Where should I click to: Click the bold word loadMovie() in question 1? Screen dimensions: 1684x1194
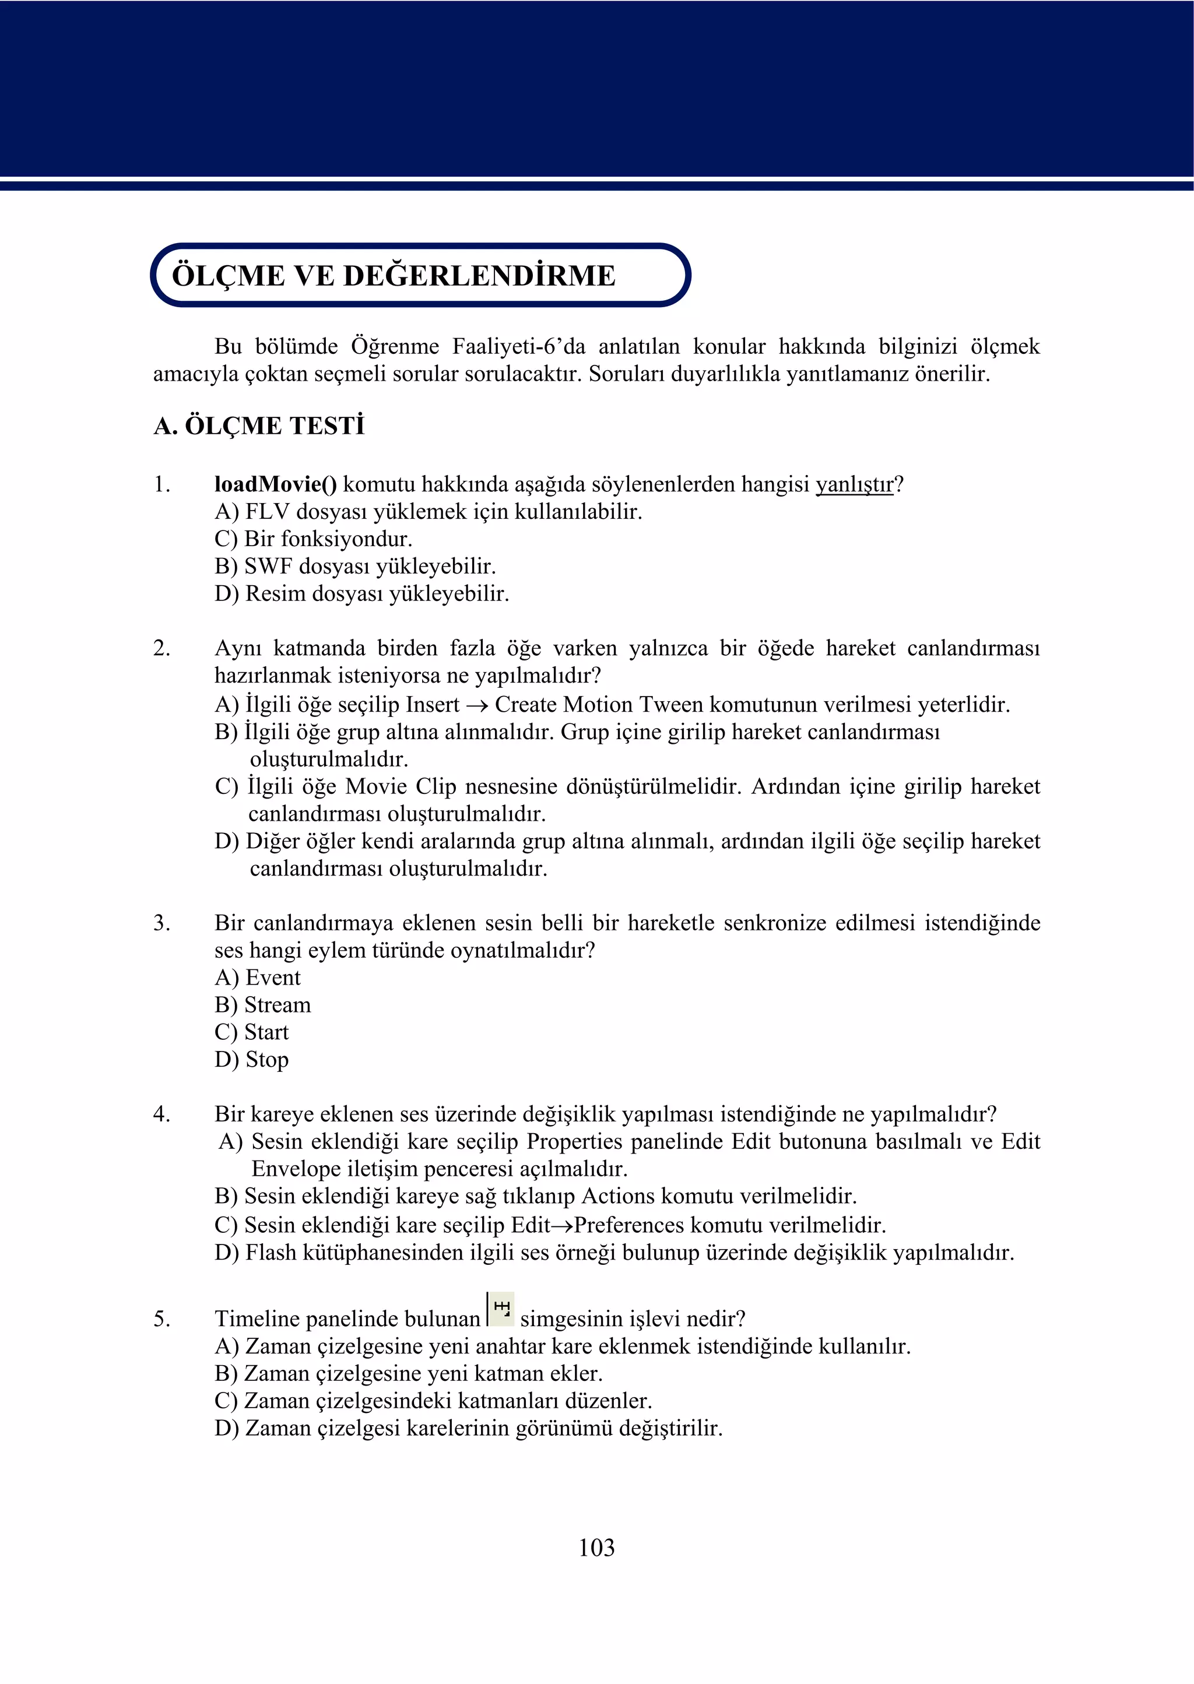coord(276,484)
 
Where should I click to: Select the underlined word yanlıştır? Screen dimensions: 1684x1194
coord(854,484)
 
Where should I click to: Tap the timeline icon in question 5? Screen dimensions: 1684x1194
coord(501,1309)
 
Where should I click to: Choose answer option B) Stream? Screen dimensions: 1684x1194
coord(262,1005)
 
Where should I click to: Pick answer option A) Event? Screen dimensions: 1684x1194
coord(257,978)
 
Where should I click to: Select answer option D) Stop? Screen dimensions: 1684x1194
coord(251,1060)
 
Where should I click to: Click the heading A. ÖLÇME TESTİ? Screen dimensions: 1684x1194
coord(259,426)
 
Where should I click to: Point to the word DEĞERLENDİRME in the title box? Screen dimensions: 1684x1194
coord(479,276)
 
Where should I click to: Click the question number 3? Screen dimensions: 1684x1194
coord(161,923)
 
